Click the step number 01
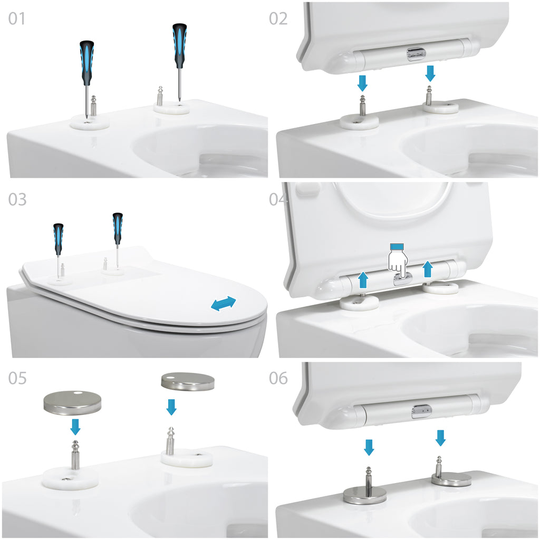pyautogui.click(x=16, y=18)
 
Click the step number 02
pyautogui.click(x=278, y=18)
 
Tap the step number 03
pyautogui.click(x=17, y=199)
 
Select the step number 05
pyautogui.click(x=17, y=378)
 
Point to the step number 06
pyautogui.click(x=278, y=378)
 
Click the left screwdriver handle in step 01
pyautogui.click(x=87, y=63)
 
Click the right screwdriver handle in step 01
pyautogui.click(x=179, y=45)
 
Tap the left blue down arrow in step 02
pyautogui.click(x=362, y=83)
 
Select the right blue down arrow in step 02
pyautogui.click(x=430, y=73)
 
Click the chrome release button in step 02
pyautogui.click(x=417, y=54)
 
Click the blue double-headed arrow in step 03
pyautogui.click(x=224, y=303)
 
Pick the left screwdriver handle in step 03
pyautogui.click(x=58, y=235)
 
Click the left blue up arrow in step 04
pyautogui.click(x=363, y=279)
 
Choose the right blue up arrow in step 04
pyautogui.click(x=427, y=269)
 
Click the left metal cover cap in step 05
pyautogui.click(x=72, y=402)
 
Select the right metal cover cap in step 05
pyautogui.click(x=188, y=381)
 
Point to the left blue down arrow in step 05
pyautogui.click(x=75, y=427)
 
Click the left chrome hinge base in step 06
pyautogui.click(x=365, y=495)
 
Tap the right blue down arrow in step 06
pyautogui.click(x=440, y=438)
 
